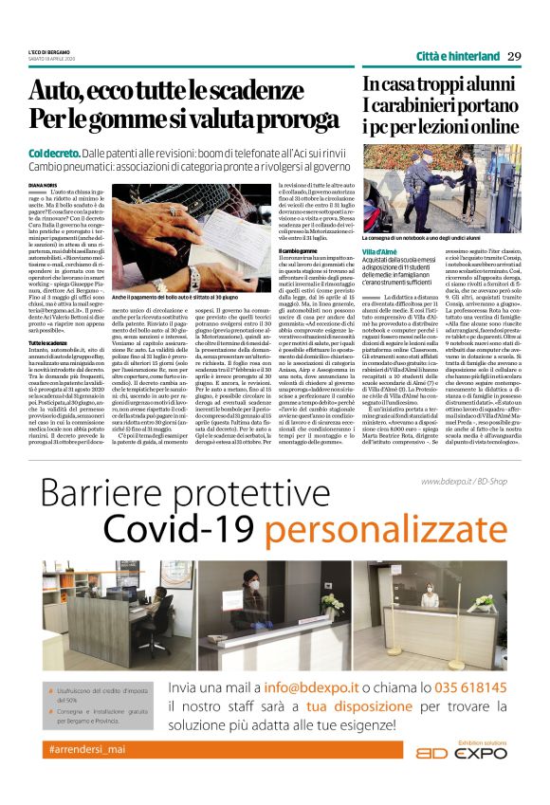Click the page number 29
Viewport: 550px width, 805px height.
point(514,55)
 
